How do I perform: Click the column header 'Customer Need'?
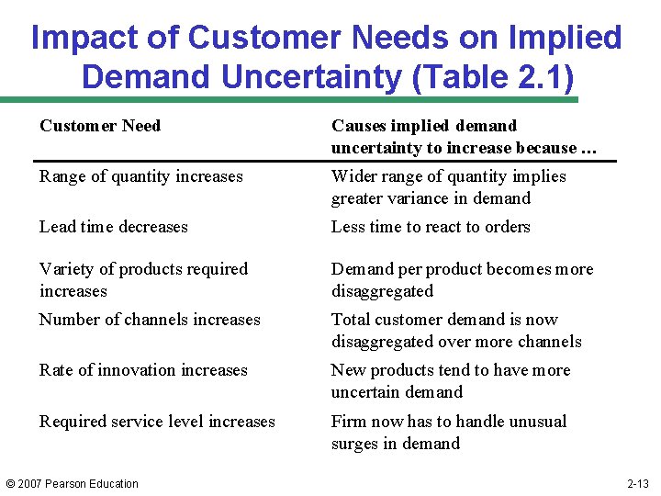click(100, 126)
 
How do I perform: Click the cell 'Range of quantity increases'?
click(140, 176)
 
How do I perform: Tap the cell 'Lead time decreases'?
click(113, 227)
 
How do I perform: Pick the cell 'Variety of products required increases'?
click(143, 280)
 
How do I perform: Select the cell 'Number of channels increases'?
click(150, 320)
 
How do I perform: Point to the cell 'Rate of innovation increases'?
click(143, 370)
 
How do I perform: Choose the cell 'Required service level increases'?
click(157, 422)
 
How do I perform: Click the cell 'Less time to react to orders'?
click(431, 227)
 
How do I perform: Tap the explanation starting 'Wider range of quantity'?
click(448, 187)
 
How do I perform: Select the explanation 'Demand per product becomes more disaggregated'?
click(462, 280)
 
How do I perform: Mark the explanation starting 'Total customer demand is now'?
click(456, 331)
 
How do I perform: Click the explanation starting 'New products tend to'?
click(450, 381)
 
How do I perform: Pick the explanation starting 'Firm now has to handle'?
click(448, 433)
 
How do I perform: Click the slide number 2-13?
click(637, 484)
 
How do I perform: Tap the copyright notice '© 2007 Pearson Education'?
click(72, 484)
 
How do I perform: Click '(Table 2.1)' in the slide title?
click(494, 75)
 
